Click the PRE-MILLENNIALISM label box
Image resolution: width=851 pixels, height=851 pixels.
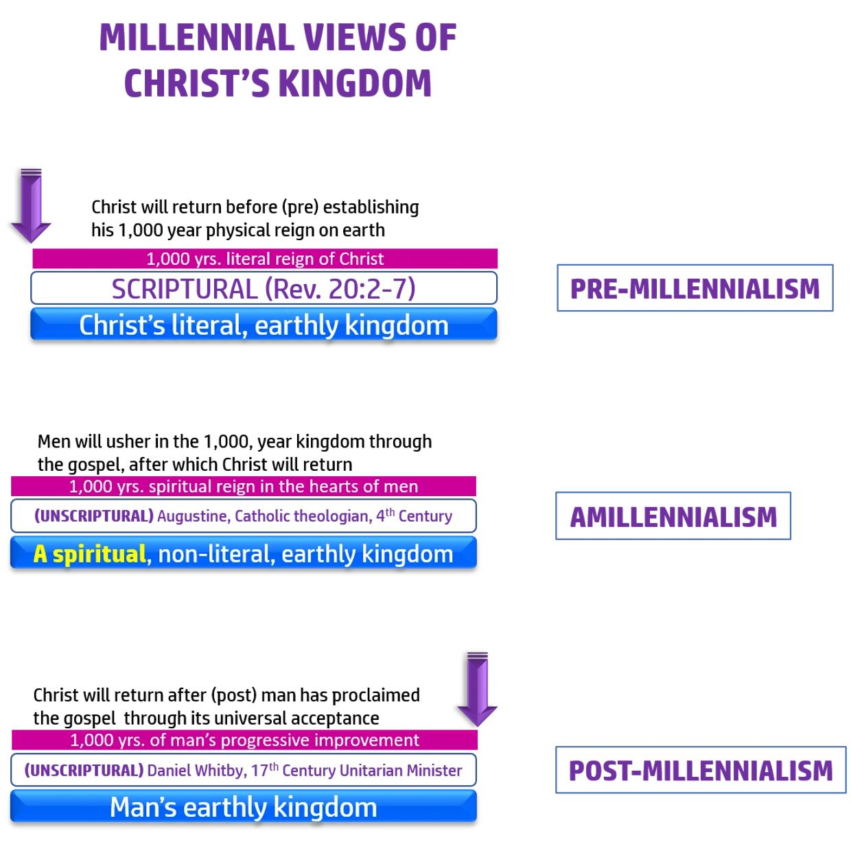(x=695, y=288)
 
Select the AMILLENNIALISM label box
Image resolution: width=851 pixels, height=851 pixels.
(x=673, y=516)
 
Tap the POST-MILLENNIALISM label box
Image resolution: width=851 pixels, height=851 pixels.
(x=701, y=770)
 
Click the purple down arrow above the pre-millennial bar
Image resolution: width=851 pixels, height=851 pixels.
(x=32, y=205)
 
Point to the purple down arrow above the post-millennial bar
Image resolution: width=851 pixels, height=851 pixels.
(x=478, y=688)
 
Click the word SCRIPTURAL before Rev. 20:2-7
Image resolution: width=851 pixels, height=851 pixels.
(x=184, y=289)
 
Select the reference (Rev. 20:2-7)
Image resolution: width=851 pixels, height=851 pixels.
(x=340, y=289)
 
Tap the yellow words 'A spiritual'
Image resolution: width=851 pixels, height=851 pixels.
(x=90, y=554)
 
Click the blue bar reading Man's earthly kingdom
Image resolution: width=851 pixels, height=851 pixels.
(x=244, y=807)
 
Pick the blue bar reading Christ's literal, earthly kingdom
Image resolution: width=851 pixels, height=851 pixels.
(x=264, y=325)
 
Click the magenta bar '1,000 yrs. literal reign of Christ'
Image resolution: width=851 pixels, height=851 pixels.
(x=265, y=259)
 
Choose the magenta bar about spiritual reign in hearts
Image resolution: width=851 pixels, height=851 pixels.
(x=244, y=487)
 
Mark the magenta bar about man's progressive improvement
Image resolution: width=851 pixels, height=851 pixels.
(x=244, y=740)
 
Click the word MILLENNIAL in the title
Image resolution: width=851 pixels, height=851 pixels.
(x=196, y=38)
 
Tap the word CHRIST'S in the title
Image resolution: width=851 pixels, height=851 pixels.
(x=196, y=84)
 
